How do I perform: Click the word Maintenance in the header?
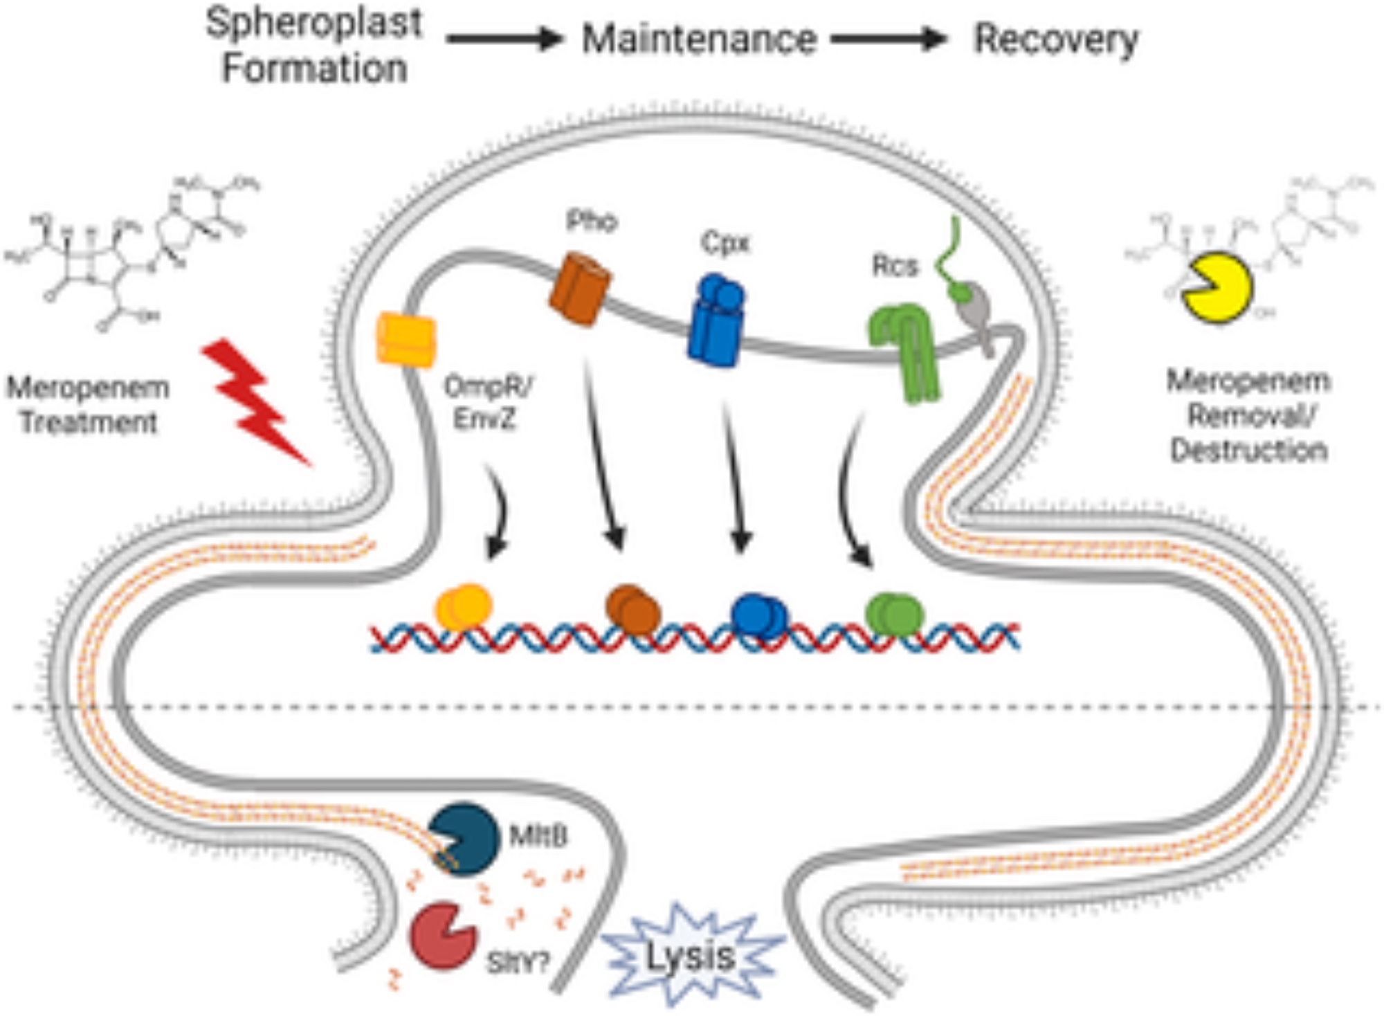pyautogui.click(x=699, y=39)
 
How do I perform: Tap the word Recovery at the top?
pyautogui.click(x=1056, y=39)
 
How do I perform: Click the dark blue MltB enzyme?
pyautogui.click(x=463, y=838)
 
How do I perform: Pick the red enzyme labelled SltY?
pyautogui.click(x=442, y=935)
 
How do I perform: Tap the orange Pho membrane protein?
pyautogui.click(x=580, y=289)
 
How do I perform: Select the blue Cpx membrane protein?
pyautogui.click(x=716, y=320)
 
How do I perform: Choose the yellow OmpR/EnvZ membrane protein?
pyautogui.click(x=406, y=339)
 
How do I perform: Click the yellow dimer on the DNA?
pyautogui.click(x=463, y=607)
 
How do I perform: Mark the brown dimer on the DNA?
pyautogui.click(x=632, y=609)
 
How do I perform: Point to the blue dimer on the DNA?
pyautogui.click(x=758, y=613)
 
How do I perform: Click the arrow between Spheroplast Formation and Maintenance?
pyautogui.click(x=504, y=39)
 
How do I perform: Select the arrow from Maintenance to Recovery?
pyautogui.click(x=889, y=39)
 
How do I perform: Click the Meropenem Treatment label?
pyautogui.click(x=88, y=404)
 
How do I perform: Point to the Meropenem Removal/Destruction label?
pyautogui.click(x=1248, y=415)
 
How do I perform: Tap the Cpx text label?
pyautogui.click(x=725, y=243)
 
